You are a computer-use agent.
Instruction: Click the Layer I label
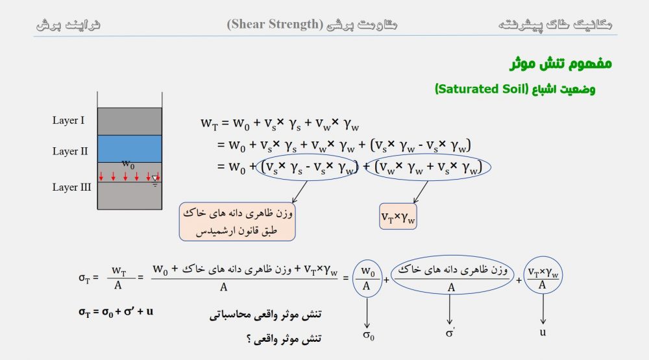pyautogui.click(x=68, y=121)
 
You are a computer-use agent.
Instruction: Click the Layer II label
pyautogui.click(x=70, y=151)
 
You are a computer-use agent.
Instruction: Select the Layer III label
pyautogui.click(x=71, y=187)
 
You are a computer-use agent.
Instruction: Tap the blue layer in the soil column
pyautogui.click(x=130, y=149)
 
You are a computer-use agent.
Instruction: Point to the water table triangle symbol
pyautogui.click(x=155, y=179)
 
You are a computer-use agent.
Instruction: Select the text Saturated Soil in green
pyautogui.click(x=482, y=89)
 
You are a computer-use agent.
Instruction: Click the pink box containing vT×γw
pyautogui.click(x=398, y=216)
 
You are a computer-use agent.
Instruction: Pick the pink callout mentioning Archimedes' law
pyautogui.click(x=237, y=221)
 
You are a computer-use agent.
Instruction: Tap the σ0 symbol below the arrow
pyautogui.click(x=369, y=335)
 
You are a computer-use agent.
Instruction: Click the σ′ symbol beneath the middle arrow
pyautogui.click(x=450, y=333)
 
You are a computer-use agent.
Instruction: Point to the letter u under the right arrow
pyautogui.click(x=543, y=332)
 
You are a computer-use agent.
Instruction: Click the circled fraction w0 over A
pyautogui.click(x=367, y=278)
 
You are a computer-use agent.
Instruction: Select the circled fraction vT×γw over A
pyautogui.click(x=543, y=275)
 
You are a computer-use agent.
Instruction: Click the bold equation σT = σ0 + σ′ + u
pyautogui.click(x=116, y=311)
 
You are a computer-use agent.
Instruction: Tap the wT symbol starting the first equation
pyautogui.click(x=209, y=123)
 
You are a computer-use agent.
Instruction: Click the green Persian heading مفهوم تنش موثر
pyautogui.click(x=561, y=64)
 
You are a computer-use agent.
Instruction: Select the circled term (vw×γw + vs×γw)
pyautogui.click(x=428, y=167)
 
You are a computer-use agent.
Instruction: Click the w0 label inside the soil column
pyautogui.click(x=129, y=164)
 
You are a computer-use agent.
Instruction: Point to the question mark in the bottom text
pyautogui.click(x=249, y=339)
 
